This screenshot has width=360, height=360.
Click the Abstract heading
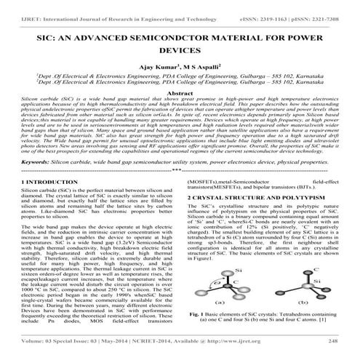[180, 95]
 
